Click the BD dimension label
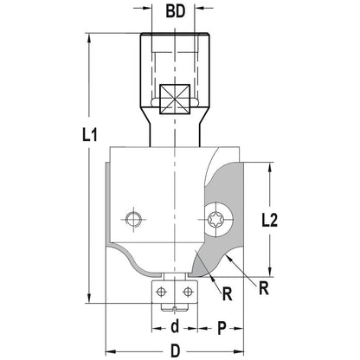(176, 11)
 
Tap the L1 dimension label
(90, 135)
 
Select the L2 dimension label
(270, 221)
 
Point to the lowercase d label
(175, 327)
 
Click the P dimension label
(222, 329)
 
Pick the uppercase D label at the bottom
(175, 351)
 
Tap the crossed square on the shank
(175, 99)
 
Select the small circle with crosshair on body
(133, 219)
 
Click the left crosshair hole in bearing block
(162, 292)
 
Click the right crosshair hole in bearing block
(188, 292)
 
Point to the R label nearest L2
(264, 288)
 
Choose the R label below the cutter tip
(228, 294)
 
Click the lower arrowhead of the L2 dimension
(270, 272)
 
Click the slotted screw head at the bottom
(175, 308)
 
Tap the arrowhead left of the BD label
(146, 8)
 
